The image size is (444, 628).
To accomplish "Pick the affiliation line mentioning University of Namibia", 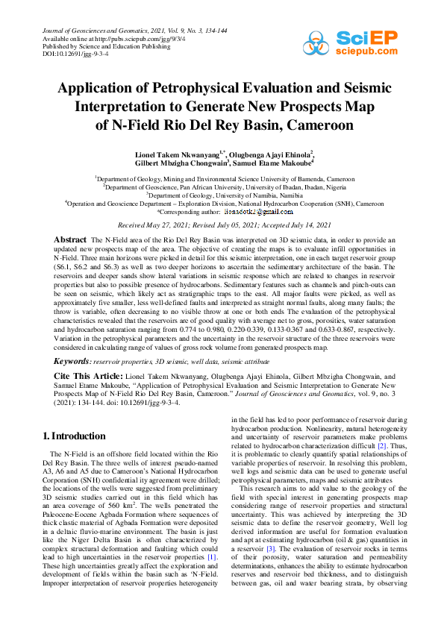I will (x=223, y=195).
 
